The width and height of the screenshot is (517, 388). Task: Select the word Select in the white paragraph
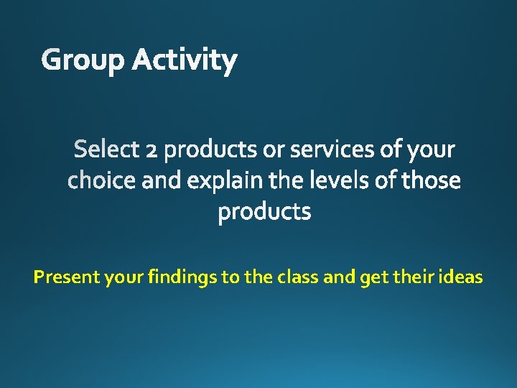click(106, 149)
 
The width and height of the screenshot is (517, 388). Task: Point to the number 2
click(151, 150)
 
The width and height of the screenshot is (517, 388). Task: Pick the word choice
click(101, 180)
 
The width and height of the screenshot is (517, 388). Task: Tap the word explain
click(225, 180)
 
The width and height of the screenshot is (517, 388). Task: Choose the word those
click(431, 180)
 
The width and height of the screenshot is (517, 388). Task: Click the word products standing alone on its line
click(264, 212)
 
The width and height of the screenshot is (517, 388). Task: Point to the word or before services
click(274, 150)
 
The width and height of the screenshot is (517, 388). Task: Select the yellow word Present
click(67, 277)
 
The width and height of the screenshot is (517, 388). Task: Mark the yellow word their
click(409, 277)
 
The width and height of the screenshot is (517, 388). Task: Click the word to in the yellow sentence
click(231, 277)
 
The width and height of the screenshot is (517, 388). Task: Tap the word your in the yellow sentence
click(124, 277)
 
